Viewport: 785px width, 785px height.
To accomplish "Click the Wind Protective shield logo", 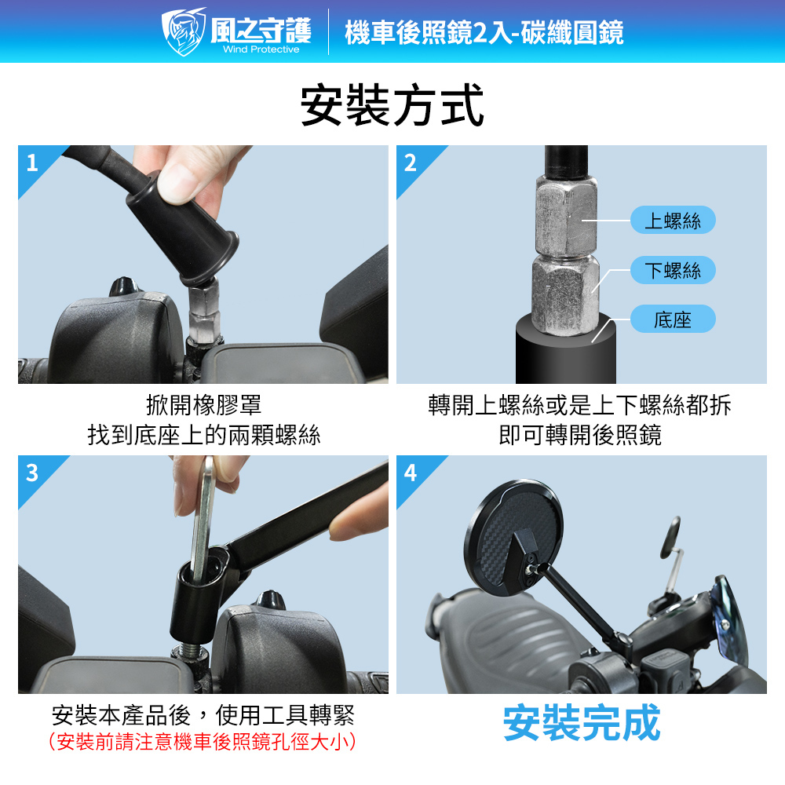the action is tap(183, 31).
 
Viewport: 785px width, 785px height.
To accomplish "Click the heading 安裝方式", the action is tap(392, 105).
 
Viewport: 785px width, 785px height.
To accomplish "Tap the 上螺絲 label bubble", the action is tap(673, 220).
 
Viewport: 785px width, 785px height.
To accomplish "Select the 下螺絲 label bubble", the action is tap(673, 270).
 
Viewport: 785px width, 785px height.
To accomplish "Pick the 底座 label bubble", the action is tap(673, 319).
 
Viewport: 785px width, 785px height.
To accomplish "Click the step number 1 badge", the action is tap(32, 162).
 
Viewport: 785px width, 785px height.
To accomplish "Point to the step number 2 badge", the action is tap(410, 162).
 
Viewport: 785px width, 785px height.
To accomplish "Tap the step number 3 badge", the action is tap(32, 473).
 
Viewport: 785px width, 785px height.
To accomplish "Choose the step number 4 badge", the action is tap(410, 473).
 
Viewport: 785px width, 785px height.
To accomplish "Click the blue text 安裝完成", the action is tap(582, 722).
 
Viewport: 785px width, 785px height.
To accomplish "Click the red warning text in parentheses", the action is tap(203, 742).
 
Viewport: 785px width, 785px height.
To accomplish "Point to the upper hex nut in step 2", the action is tap(566, 215).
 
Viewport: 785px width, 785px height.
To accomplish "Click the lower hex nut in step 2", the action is tap(565, 294).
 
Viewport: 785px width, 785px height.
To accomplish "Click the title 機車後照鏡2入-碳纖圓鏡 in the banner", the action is tap(484, 32).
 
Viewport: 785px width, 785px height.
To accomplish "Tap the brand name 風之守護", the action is tap(261, 30).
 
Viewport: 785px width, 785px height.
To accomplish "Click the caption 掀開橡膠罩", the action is tap(203, 404).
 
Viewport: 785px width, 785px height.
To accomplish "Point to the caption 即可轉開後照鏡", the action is tap(580, 435).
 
